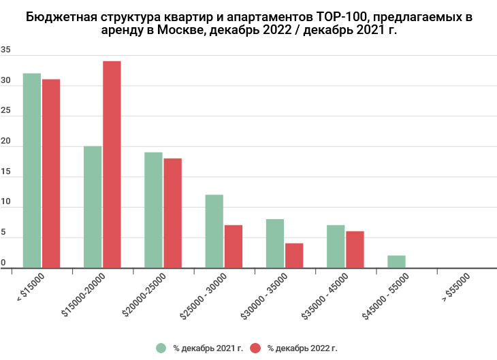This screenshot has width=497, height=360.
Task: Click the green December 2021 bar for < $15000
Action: click(31, 170)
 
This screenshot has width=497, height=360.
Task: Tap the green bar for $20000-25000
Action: click(153, 210)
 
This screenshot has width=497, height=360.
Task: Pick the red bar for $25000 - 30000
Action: click(234, 246)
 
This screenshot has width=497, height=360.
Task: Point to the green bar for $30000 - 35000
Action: click(275, 244)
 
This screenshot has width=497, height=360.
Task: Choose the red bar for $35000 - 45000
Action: click(355, 250)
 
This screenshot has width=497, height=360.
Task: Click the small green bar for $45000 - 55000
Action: click(396, 262)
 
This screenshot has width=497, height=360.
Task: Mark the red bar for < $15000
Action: click(51, 174)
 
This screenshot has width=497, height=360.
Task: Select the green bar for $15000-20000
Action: click(93, 207)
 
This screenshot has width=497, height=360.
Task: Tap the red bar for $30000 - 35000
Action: click(294, 256)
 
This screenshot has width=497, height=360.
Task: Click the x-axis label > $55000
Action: click(455, 287)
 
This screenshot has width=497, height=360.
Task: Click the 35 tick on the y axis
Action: click(5, 50)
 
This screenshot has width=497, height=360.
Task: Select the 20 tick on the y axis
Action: click(5, 142)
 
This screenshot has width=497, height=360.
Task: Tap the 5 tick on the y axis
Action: click(3, 233)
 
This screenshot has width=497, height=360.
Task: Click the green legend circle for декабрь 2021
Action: click(161, 348)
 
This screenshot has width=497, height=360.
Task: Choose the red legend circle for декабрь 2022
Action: click(256, 348)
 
